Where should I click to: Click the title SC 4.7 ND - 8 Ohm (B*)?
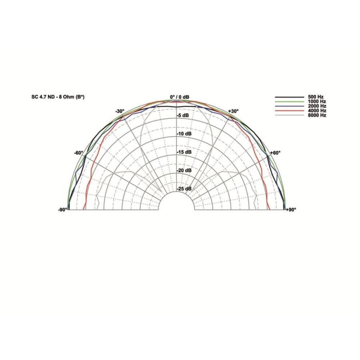(x=58, y=97)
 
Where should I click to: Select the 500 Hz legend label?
(x=316, y=97)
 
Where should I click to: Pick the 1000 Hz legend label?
(x=317, y=102)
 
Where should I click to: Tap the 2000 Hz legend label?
(x=317, y=106)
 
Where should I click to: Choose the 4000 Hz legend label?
(x=317, y=111)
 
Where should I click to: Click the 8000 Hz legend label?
(x=317, y=115)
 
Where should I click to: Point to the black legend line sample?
(x=289, y=97)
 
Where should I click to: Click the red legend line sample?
(x=289, y=111)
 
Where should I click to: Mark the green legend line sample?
(x=289, y=102)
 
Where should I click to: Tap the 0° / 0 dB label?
(x=180, y=97)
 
